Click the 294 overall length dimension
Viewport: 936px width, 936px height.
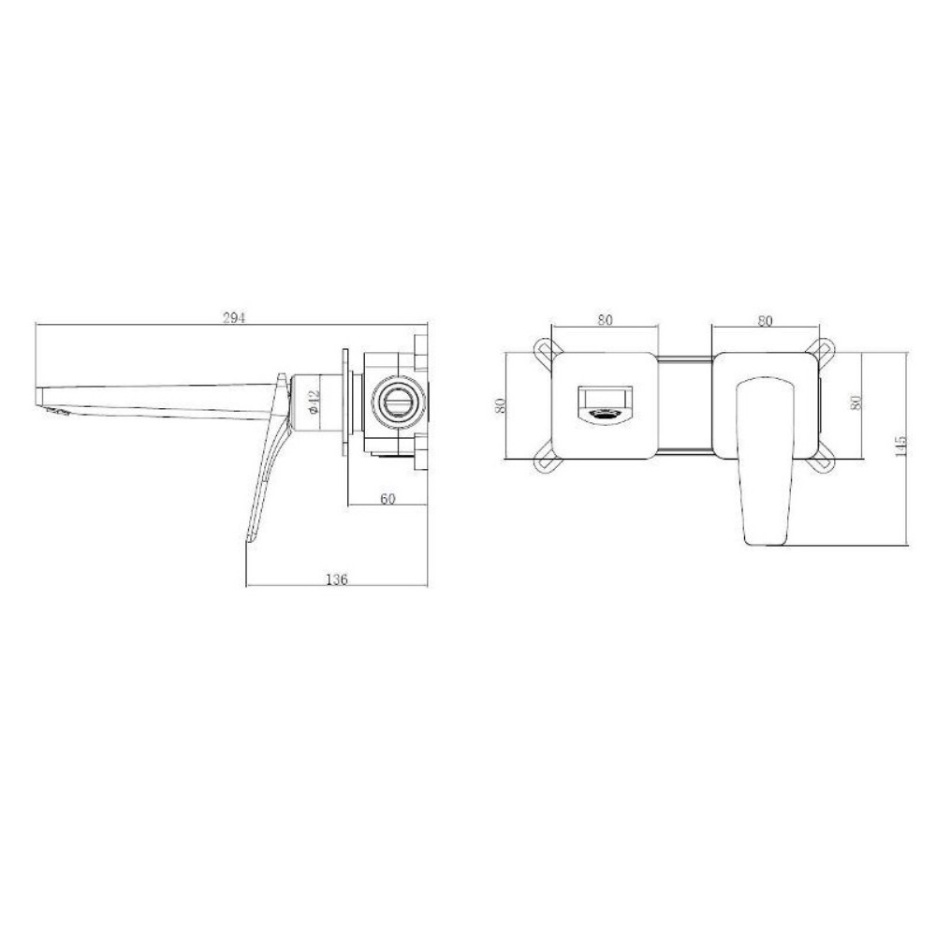[234, 317]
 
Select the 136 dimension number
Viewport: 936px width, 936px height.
[336, 578]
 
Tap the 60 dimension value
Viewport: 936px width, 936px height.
[388, 499]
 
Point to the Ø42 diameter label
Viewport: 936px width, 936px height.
[315, 402]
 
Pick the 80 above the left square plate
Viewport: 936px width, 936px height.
[605, 319]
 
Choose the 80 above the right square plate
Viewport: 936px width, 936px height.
[765, 320]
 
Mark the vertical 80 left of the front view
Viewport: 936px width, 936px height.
[502, 405]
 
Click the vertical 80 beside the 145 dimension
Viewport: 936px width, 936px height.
[856, 402]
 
